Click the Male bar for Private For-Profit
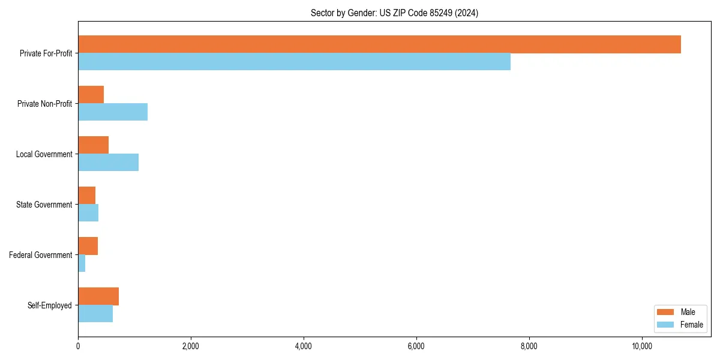tap(379, 44)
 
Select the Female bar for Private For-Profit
tap(294, 62)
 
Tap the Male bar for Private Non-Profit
tap(91, 95)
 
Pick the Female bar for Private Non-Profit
tap(113, 112)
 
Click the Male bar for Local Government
tap(93, 145)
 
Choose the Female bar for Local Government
tap(108, 163)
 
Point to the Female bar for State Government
tap(88, 213)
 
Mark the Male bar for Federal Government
tap(88, 246)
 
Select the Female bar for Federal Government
tap(82, 263)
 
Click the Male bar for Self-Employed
tap(98, 296)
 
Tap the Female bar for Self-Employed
tap(95, 314)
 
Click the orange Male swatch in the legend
tap(666, 312)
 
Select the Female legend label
tap(692, 325)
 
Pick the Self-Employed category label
tap(50, 305)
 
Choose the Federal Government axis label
tap(41, 255)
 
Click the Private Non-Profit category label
tap(44, 104)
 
